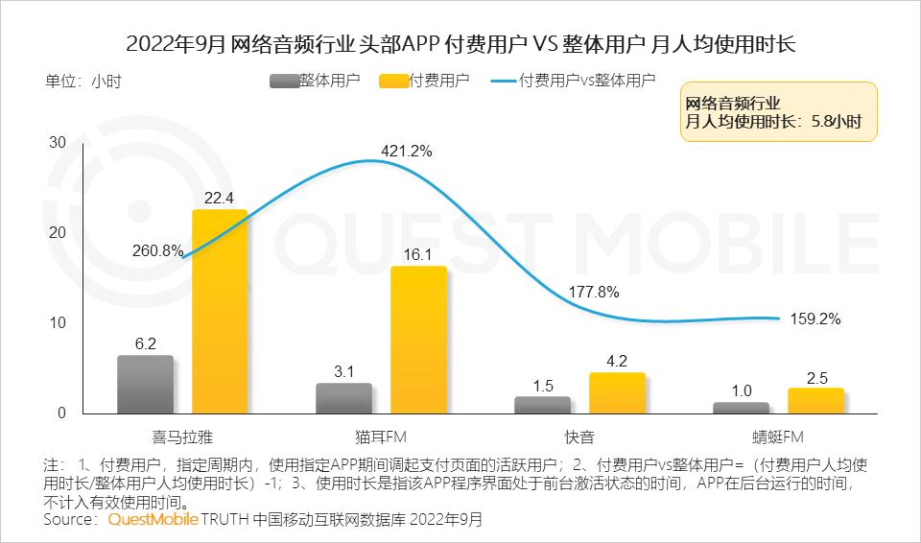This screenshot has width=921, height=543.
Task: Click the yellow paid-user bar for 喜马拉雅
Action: point(220,312)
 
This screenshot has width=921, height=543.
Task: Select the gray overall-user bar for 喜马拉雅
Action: point(145,385)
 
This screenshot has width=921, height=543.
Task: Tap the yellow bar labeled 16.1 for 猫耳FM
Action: point(418,340)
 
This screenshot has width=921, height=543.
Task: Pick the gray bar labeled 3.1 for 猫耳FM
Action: point(343,398)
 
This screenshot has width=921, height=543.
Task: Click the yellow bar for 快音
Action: point(617,393)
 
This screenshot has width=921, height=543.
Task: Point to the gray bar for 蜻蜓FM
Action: point(741,408)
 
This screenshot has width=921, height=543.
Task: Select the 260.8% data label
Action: point(157,251)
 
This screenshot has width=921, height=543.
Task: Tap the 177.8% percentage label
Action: point(595,292)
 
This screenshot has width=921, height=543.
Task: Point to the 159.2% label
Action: point(815,319)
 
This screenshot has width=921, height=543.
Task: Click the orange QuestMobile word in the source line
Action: point(153,520)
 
